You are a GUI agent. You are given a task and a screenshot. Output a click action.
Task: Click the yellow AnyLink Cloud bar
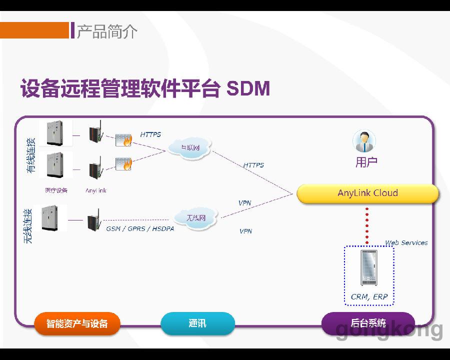(x=367, y=193)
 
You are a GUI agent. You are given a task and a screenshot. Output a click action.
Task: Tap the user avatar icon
(x=364, y=141)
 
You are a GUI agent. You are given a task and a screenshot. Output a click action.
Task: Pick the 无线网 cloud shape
(x=196, y=218)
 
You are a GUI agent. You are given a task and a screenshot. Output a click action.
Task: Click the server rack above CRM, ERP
(x=368, y=268)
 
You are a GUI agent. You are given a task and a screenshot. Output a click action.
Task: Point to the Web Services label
(x=406, y=243)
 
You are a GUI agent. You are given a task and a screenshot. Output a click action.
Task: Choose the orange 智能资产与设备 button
(x=77, y=323)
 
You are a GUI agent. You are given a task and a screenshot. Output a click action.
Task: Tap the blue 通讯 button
(x=197, y=323)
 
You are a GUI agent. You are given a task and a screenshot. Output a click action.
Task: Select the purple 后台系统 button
(x=368, y=323)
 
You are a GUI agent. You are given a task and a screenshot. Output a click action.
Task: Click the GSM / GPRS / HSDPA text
(x=139, y=229)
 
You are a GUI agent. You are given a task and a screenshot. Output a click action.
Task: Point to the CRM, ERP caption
(x=369, y=296)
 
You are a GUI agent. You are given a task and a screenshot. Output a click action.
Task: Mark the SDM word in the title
(x=248, y=89)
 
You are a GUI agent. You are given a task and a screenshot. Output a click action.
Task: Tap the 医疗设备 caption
(x=56, y=190)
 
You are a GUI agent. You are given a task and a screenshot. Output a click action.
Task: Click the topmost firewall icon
(x=123, y=139)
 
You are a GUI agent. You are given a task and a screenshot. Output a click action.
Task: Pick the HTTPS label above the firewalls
(x=150, y=134)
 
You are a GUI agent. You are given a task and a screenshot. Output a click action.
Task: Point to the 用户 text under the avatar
(x=366, y=162)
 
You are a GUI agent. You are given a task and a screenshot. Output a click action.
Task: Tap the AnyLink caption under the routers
(x=95, y=190)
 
